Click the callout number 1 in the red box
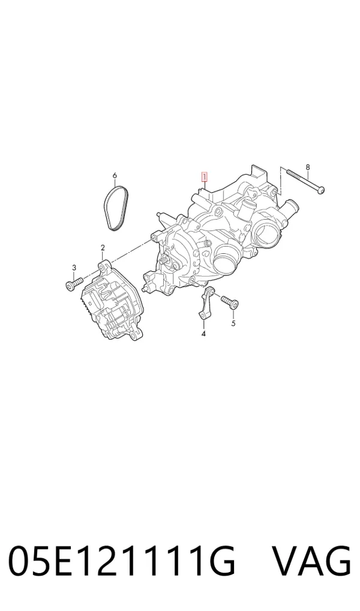click(204, 177)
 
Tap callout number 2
click(103, 248)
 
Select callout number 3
click(74, 267)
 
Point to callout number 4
click(203, 334)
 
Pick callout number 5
click(233, 324)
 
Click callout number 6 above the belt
click(115, 176)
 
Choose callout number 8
click(308, 167)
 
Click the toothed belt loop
click(115, 208)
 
